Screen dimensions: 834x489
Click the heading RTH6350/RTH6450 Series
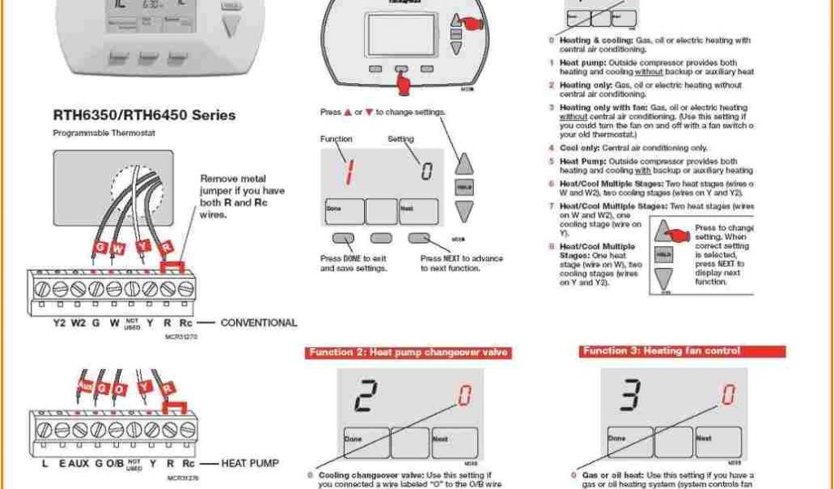click(144, 116)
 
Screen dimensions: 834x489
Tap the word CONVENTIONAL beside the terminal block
click(259, 323)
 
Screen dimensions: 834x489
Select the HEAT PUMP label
click(250, 463)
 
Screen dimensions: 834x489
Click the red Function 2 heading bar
click(409, 352)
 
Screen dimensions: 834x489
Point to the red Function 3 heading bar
click(661, 351)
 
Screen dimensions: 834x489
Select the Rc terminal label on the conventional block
click(186, 324)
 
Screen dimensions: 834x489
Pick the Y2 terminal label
click(59, 324)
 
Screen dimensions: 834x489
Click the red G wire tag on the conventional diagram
click(99, 246)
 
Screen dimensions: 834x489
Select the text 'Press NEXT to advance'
click(462, 258)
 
